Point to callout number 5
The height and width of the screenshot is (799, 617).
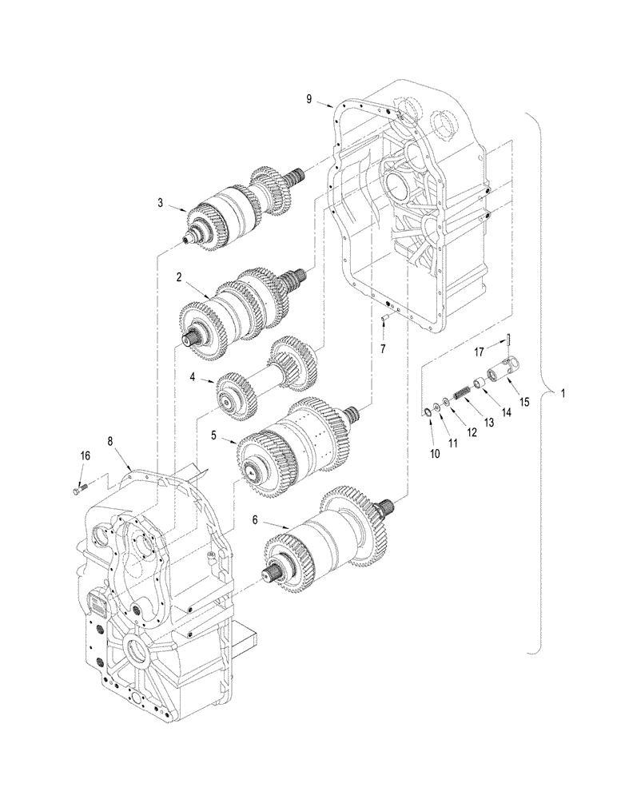[x=213, y=435]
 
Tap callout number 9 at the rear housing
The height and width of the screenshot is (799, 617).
[x=308, y=98]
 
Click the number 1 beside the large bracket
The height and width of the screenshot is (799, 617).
[x=565, y=394]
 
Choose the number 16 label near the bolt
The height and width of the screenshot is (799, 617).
[x=85, y=455]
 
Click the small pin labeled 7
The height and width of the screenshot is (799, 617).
[x=384, y=318]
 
